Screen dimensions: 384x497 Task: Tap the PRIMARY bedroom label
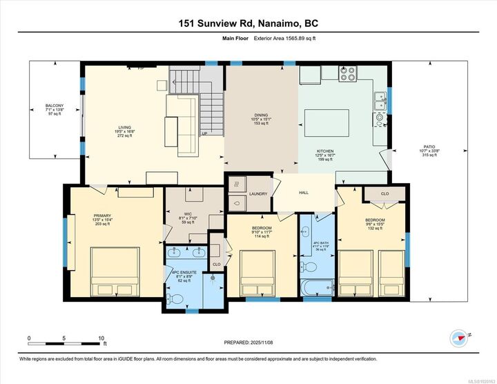click(x=102, y=215)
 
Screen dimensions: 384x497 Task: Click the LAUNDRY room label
click(x=258, y=194)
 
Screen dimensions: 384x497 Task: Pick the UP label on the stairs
click(x=203, y=133)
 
